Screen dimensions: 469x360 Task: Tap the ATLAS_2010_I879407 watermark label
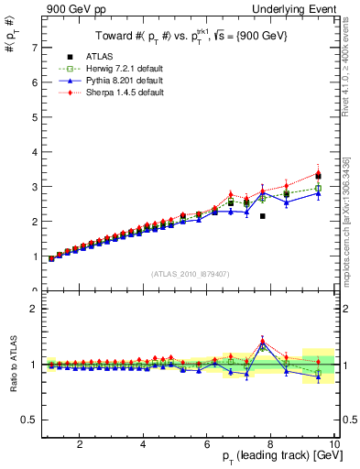click(189, 272)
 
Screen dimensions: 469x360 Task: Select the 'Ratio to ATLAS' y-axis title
click(13, 364)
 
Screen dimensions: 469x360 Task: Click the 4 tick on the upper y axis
click(34, 151)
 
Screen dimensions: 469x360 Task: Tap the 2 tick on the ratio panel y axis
click(34, 309)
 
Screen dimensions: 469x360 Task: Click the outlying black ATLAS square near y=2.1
click(262, 216)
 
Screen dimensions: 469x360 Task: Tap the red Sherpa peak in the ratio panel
click(262, 338)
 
